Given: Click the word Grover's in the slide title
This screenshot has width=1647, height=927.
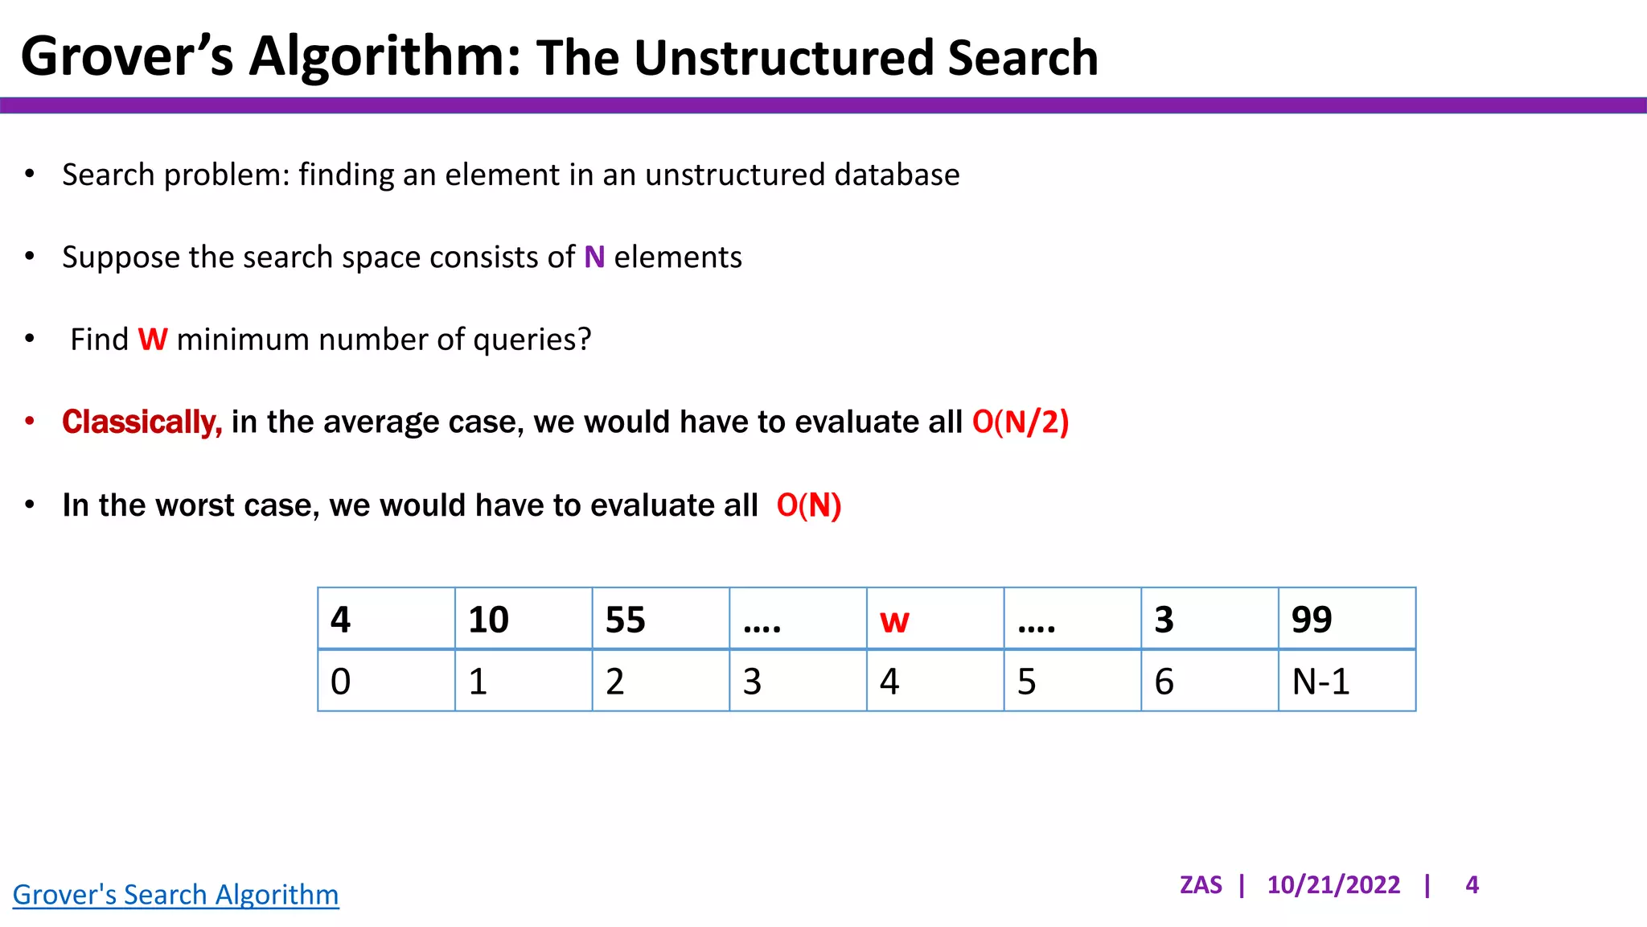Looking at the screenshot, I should pos(126,56).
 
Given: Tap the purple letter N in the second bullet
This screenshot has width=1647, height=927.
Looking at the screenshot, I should pos(594,257).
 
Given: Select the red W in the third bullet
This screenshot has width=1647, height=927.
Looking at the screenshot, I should pos(153,340).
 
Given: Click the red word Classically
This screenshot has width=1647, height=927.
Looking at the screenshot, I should pos(142,422).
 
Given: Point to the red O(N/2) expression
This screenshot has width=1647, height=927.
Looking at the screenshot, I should pos(1020,422).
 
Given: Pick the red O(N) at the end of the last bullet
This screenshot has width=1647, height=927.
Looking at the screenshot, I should pos(808,505).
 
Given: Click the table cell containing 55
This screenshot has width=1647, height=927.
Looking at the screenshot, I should pos(660,619).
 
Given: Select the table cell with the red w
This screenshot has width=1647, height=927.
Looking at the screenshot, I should pos(934,619).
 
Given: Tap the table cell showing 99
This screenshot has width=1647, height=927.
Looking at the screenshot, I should pos(1346,619).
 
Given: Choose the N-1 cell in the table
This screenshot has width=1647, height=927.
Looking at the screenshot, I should pos(1346,681).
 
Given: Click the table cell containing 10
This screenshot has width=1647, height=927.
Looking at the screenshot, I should pos(523,619).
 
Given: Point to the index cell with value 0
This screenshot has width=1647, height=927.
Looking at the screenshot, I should pos(386,681).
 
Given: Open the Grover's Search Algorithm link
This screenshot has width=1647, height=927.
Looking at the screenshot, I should pos(175,895).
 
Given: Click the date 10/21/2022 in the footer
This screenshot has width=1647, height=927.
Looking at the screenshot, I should pos(1333,885).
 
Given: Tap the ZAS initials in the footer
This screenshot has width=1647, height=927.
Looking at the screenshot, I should pos(1200,885).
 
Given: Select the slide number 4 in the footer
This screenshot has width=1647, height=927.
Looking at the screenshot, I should pos(1472,885).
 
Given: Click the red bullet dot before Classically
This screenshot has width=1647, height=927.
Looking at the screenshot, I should pos(30,421).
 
